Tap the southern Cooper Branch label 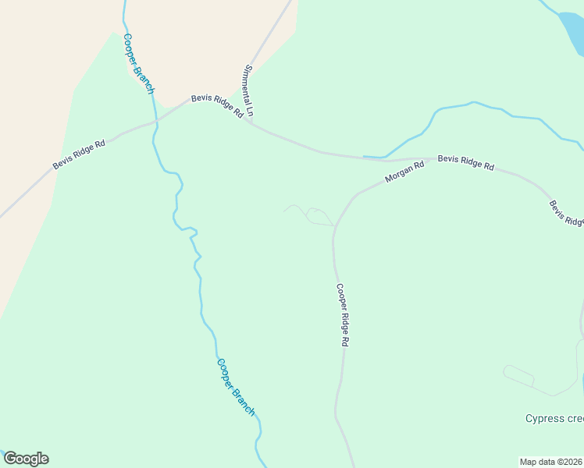(x=236, y=386)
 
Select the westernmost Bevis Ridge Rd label (x=79, y=154)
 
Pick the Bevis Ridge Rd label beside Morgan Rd (x=466, y=162)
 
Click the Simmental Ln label (x=249, y=90)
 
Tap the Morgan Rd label (x=404, y=172)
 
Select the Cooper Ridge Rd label (x=342, y=314)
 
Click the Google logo (x=26, y=459)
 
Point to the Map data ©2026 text (x=550, y=462)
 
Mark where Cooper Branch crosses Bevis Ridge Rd (x=155, y=121)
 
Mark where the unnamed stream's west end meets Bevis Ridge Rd (x=365, y=158)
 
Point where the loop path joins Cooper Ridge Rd (x=334, y=226)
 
